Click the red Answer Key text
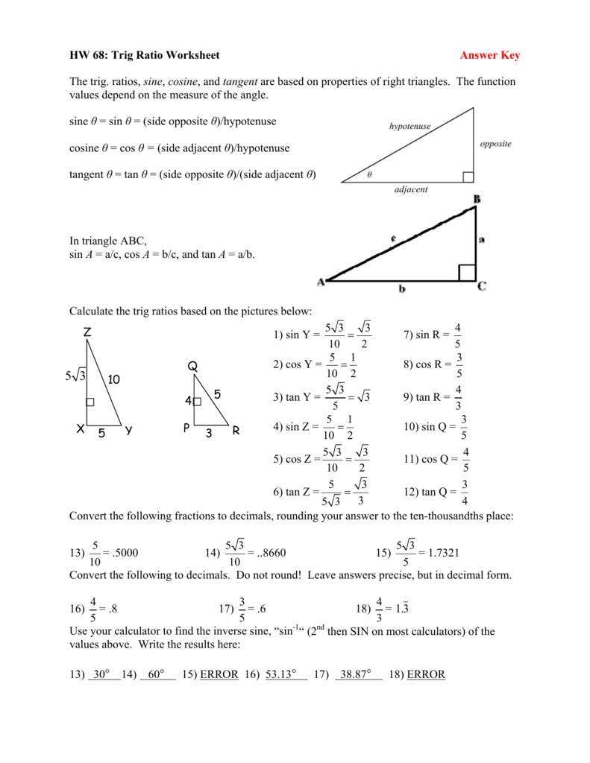point(489,55)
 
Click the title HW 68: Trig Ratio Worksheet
point(144,55)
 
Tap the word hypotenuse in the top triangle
point(409,127)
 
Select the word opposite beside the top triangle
point(495,143)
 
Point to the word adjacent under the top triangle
point(411,190)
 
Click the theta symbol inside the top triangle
point(368,175)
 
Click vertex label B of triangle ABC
point(477,199)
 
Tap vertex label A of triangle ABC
point(321,282)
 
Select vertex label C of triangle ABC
point(482,285)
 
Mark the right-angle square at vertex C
point(466,272)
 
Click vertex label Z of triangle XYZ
point(87,333)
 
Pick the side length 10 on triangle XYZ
point(114,379)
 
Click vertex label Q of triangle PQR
point(192,366)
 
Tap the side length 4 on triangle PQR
point(188,401)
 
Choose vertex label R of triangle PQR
point(236,431)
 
